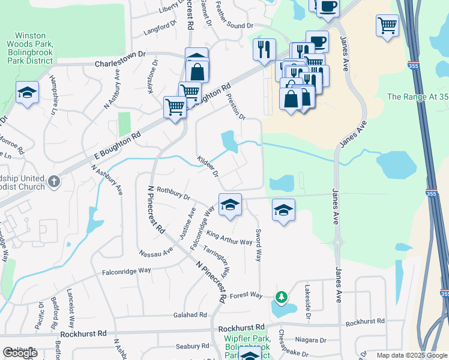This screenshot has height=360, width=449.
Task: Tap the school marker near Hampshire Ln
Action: point(27,92)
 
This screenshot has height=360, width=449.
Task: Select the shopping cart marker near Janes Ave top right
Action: point(388,26)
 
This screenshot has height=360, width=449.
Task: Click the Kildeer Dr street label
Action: point(207,166)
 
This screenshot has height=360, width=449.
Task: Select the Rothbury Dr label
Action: point(173,193)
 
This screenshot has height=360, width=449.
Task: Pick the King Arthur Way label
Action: point(229,238)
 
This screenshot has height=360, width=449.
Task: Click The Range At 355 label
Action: point(417,97)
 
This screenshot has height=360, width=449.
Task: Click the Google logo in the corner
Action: point(19,353)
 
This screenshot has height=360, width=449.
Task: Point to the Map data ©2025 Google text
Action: point(411,355)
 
